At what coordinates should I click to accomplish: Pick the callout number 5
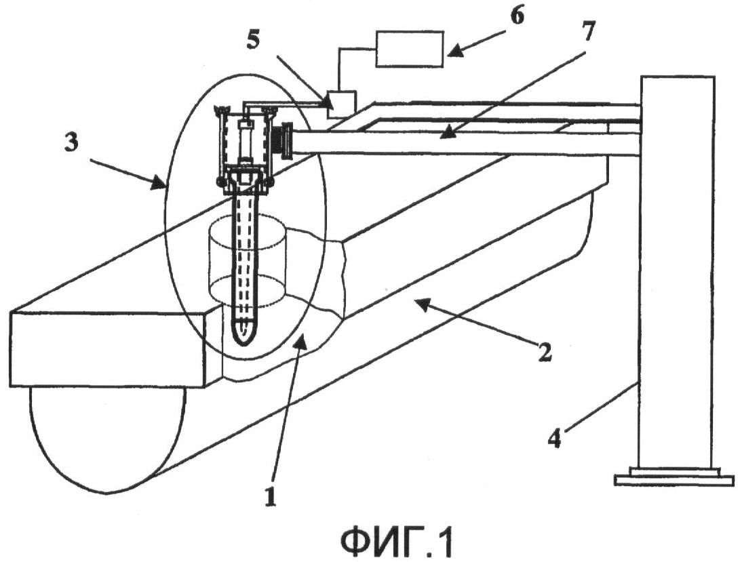click(254, 40)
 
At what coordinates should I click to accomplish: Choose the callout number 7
click(589, 32)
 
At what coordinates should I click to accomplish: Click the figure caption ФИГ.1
click(397, 542)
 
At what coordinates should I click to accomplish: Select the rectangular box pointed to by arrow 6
click(410, 48)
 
